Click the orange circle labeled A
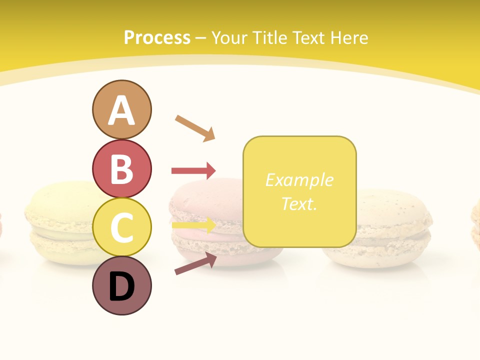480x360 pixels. coord(121,109)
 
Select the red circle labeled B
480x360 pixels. coord(121,168)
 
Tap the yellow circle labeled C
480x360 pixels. coord(121,227)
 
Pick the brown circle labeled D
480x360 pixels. coord(121,285)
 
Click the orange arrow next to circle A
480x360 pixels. coord(195,127)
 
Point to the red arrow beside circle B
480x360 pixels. coord(193,171)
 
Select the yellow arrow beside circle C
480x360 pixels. coord(193,225)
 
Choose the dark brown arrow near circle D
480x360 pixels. coord(195,263)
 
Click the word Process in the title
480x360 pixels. coord(157,37)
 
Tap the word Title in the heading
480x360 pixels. coord(269,37)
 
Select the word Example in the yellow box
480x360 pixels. coord(299,180)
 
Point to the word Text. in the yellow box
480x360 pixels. coord(299,203)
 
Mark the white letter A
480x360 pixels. coord(121,110)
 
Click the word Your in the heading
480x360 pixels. coord(229,37)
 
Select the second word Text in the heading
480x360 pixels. coord(306,37)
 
